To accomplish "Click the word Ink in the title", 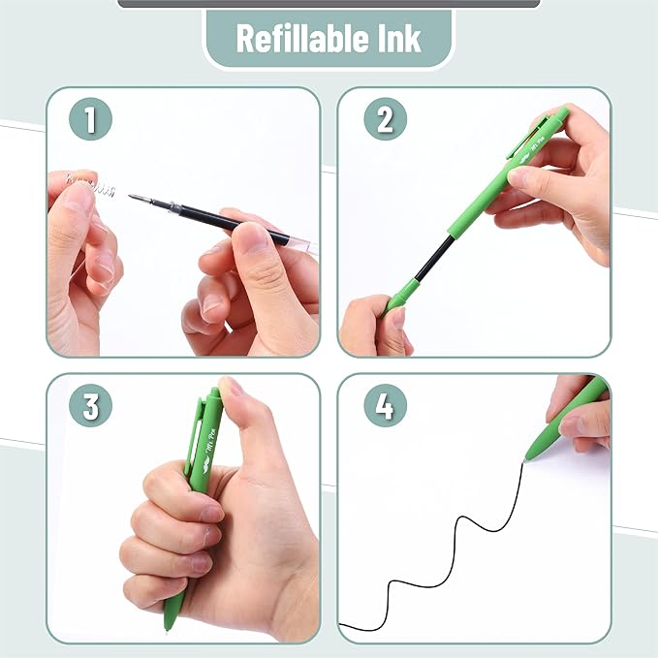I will (x=399, y=39).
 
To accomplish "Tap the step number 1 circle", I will (x=91, y=120).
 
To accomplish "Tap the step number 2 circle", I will (x=385, y=120).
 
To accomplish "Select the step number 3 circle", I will (x=91, y=407).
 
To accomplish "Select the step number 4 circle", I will (x=385, y=407).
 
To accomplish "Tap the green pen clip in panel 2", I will (x=529, y=141).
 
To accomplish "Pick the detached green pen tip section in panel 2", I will (x=399, y=294).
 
